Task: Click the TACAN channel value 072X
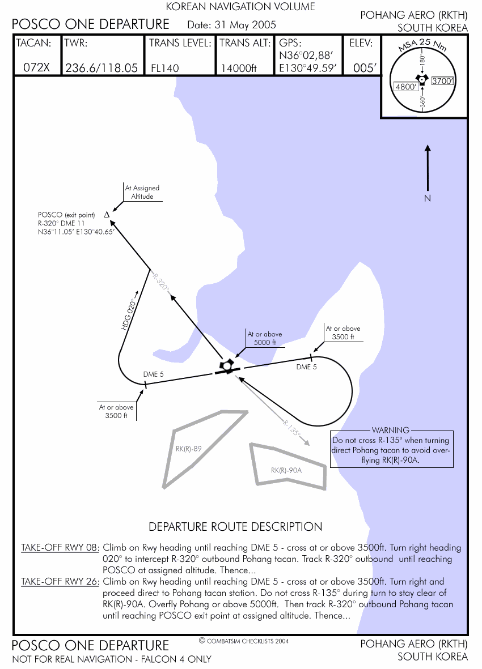coord(36,67)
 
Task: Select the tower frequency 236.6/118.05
coord(102,68)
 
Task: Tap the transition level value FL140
coord(165,69)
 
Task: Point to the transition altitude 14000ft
coord(239,69)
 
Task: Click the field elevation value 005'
coord(365,68)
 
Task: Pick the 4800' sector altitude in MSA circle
coord(406,87)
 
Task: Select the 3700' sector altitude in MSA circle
coord(443,81)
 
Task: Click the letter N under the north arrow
coord(428,198)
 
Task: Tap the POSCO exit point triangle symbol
coord(107,215)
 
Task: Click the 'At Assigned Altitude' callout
coord(142,192)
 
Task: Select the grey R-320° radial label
coord(161,281)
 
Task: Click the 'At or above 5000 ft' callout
coord(265,338)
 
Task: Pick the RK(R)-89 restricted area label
coord(189,449)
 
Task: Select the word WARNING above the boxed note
coord(391,431)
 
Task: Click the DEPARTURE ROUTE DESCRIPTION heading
coord(235,527)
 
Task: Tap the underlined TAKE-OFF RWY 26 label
coord(60,582)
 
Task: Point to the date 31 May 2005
coord(244,25)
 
